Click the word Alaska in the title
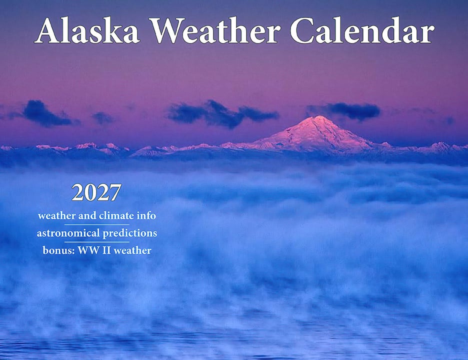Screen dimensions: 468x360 (x=87, y=30)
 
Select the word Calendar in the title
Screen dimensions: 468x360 (x=362, y=30)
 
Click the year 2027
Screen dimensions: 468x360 (x=96, y=192)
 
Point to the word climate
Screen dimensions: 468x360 (x=116, y=215)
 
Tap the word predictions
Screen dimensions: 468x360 (x=130, y=233)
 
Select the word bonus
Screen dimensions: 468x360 (x=58, y=250)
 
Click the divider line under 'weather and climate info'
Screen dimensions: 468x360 (x=97, y=224)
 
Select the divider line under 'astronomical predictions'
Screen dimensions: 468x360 (x=97, y=242)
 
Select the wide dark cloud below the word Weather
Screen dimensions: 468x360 (x=222, y=113)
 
